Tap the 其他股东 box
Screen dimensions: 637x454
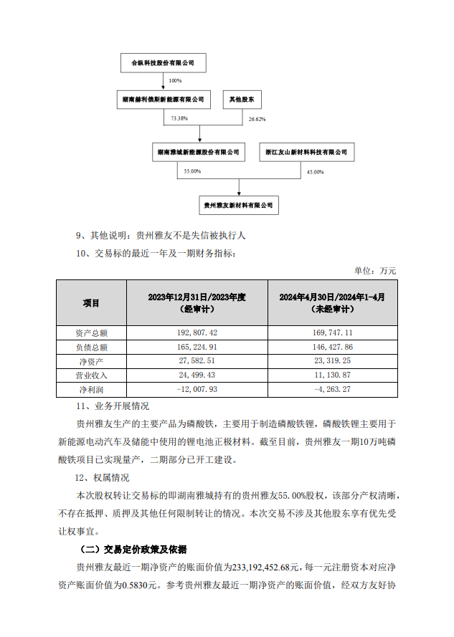[240, 99]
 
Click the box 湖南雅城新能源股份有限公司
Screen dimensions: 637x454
[199, 153]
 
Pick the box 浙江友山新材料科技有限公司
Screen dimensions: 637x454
[306, 153]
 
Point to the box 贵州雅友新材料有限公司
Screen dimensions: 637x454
[239, 205]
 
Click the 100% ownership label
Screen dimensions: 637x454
[175, 81]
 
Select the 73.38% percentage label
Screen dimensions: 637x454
[179, 118]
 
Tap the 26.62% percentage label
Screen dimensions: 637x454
[256, 119]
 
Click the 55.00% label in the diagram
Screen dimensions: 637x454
[192, 172]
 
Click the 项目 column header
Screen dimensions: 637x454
[91, 303]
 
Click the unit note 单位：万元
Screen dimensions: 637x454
[375, 270]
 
